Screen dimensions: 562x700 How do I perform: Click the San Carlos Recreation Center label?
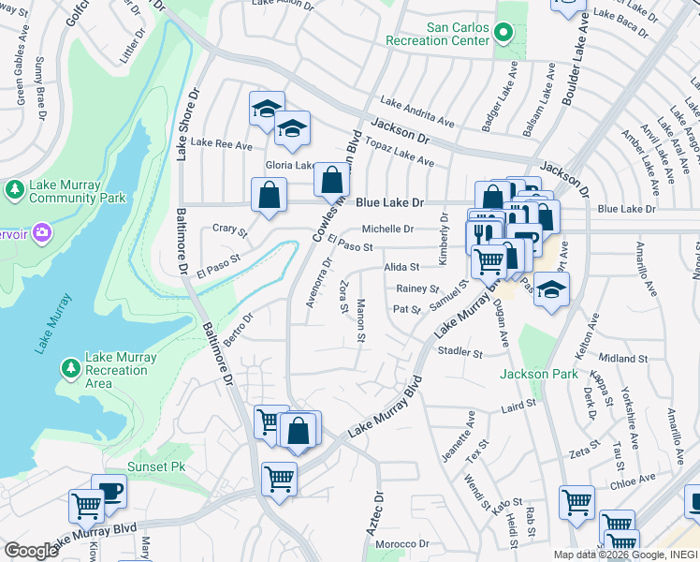point(459,35)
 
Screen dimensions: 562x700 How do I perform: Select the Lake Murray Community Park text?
point(77,191)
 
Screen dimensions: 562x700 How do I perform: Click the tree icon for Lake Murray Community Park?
point(15,191)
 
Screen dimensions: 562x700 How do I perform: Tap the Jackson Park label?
point(534,374)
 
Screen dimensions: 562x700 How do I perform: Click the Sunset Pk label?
point(157,466)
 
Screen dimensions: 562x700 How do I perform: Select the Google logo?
point(31,551)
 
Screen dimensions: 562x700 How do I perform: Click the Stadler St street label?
point(459,353)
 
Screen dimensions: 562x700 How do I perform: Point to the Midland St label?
point(623,359)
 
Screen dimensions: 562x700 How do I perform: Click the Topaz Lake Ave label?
point(400,155)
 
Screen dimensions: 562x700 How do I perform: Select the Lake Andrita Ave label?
point(416,114)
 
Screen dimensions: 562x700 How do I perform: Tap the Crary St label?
point(229,229)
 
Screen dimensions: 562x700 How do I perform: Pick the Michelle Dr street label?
point(387,229)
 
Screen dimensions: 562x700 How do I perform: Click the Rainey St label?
point(417,289)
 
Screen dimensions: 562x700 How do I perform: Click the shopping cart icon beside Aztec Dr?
point(279,480)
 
